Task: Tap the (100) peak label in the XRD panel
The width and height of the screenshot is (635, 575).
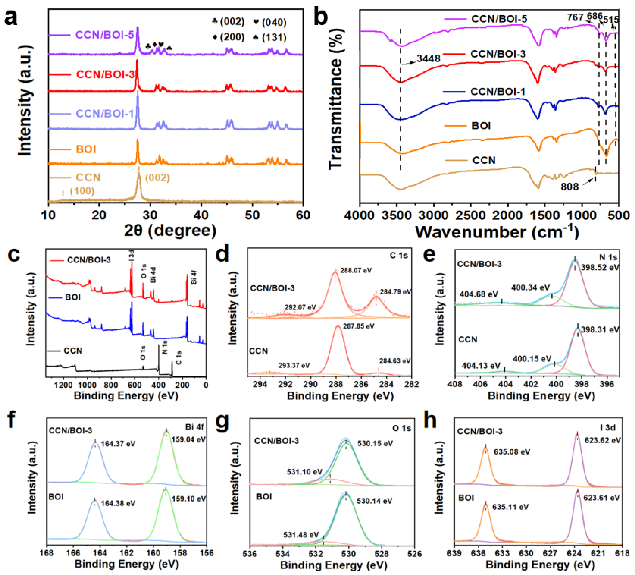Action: pyautogui.click(x=82, y=191)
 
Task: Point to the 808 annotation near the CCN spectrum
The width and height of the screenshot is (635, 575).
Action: pyautogui.click(x=569, y=187)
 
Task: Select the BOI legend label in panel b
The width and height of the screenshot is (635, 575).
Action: pyautogui.click(x=481, y=126)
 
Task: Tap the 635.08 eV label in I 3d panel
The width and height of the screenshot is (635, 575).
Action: pyautogui.click(x=512, y=452)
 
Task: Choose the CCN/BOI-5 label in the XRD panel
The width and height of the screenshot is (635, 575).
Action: pyautogui.click(x=105, y=35)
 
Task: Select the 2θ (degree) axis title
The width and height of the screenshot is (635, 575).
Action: pyautogui.click(x=170, y=231)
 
